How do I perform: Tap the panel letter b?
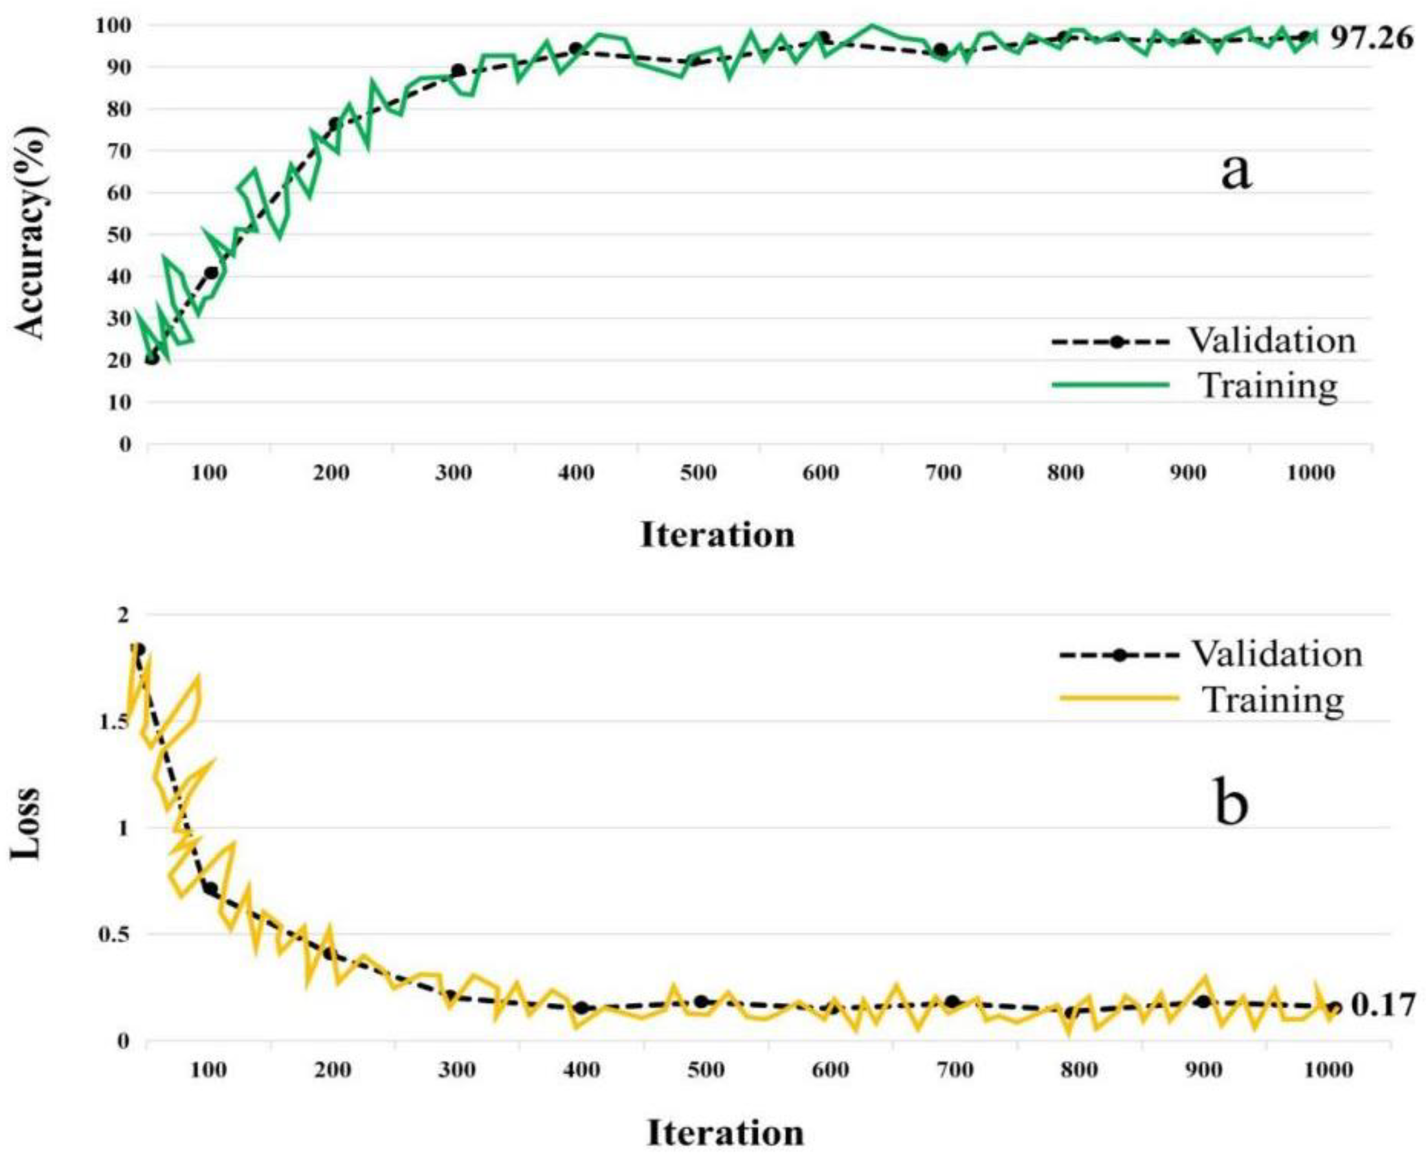1232,804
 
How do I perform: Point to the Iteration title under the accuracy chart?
718,535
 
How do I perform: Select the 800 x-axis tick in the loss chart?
1080,1070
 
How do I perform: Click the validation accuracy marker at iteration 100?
212,273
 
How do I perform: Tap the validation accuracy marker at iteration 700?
941,50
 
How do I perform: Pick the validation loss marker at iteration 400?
581,1008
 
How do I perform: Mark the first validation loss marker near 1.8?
139,650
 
